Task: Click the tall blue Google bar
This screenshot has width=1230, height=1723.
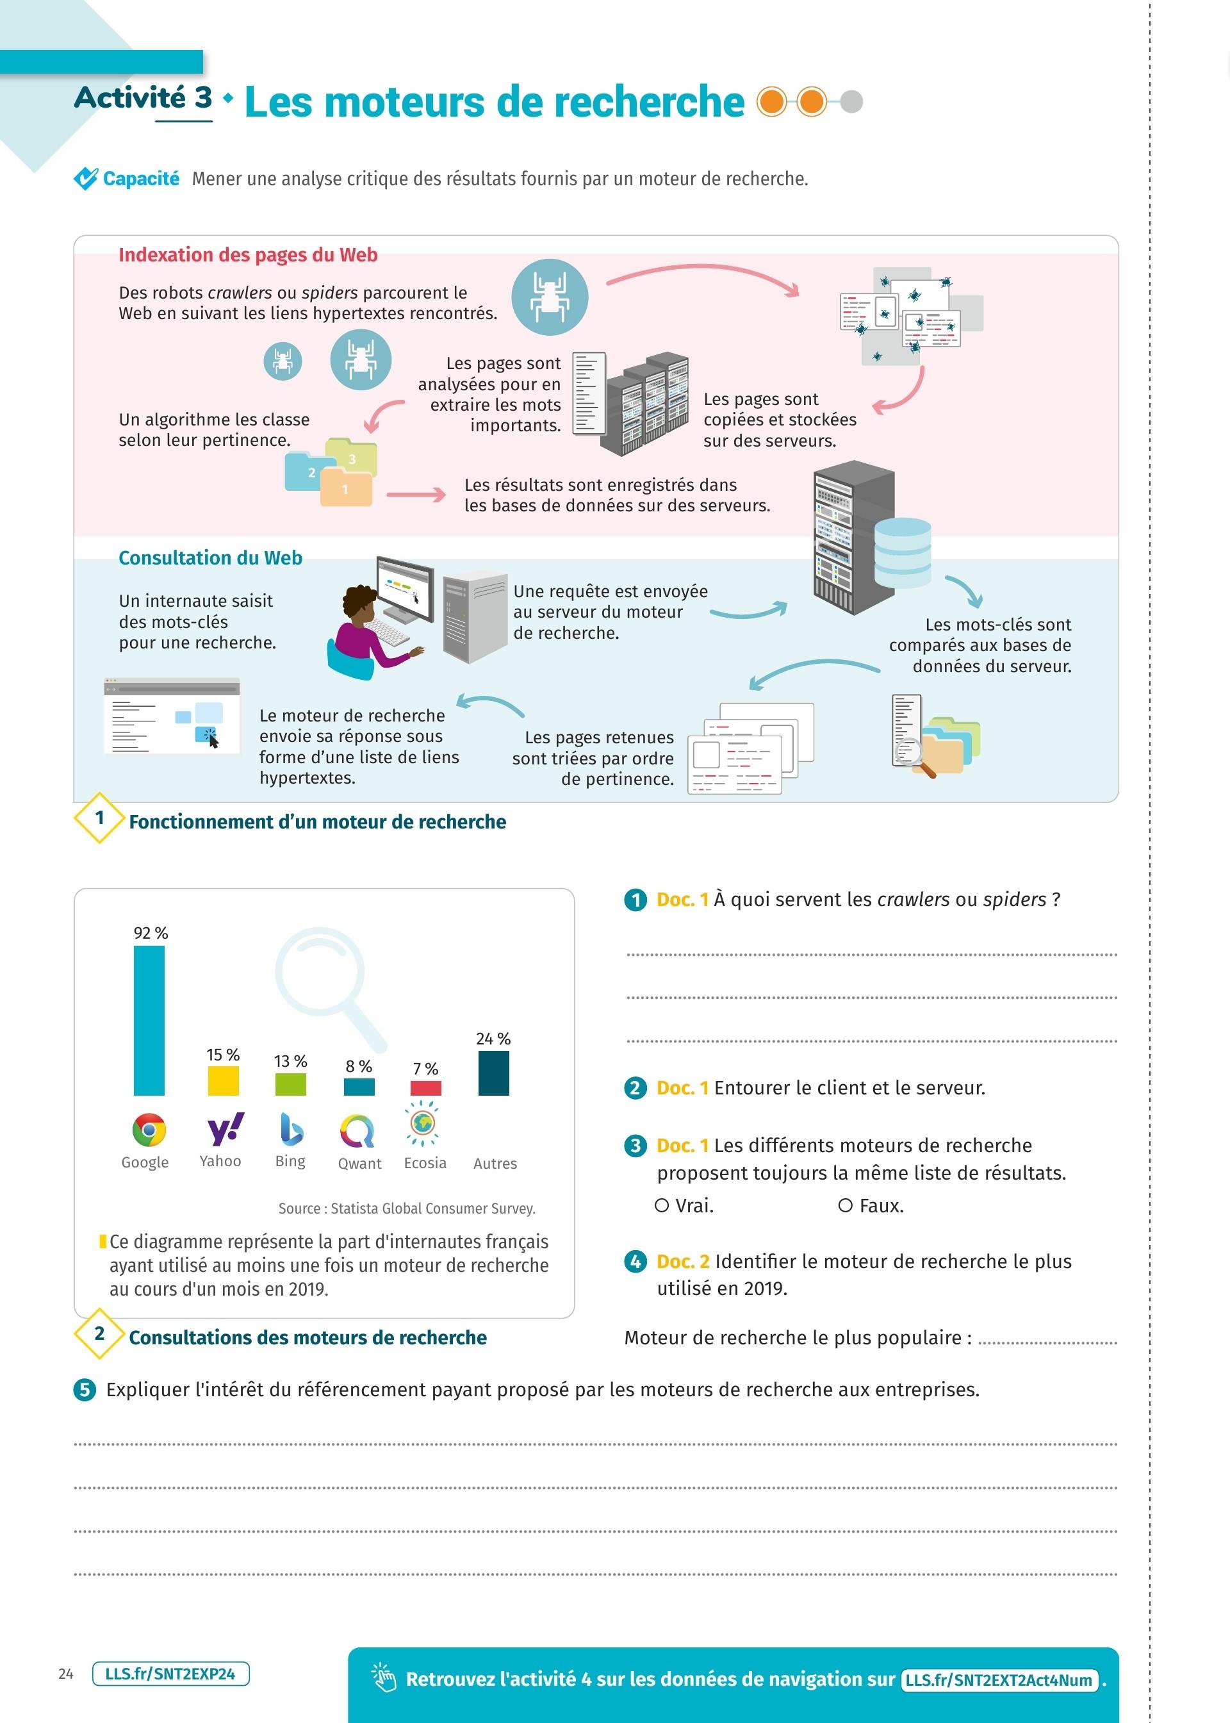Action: point(149,1019)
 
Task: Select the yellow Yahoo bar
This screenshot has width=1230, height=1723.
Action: point(224,1081)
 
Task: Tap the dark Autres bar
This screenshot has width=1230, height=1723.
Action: point(493,1073)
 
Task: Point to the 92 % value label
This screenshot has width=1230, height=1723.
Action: point(151,933)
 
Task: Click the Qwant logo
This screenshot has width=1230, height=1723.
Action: point(357,1131)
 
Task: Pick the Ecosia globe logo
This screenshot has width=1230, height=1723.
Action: point(423,1123)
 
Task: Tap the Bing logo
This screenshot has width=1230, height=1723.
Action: point(291,1128)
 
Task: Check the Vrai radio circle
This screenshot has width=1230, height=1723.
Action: point(662,1205)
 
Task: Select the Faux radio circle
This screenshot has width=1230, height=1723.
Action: point(845,1205)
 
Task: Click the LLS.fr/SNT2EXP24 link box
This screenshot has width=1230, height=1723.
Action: point(170,1674)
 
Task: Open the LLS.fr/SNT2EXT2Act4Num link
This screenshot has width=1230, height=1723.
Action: point(1000,1680)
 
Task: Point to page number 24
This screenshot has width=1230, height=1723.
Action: point(66,1674)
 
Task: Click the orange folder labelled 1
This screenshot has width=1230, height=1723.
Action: point(346,488)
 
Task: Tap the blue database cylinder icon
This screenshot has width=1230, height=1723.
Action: point(902,552)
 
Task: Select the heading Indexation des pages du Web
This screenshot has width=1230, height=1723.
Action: point(248,255)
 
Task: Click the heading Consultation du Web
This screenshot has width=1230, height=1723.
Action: point(211,558)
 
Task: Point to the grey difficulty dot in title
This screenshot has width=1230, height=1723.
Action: point(851,101)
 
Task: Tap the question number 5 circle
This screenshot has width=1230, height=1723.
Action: point(85,1390)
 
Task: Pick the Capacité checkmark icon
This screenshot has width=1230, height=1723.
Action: point(86,179)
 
